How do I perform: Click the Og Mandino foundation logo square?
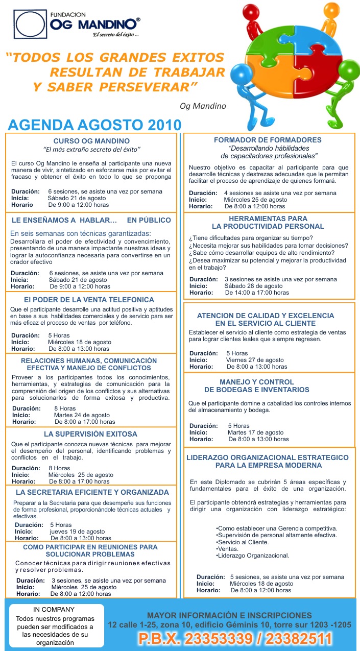30,24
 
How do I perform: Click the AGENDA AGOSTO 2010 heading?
94,125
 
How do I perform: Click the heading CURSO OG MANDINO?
91,140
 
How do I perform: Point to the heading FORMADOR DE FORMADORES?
268,140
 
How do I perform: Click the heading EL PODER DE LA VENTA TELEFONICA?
89,300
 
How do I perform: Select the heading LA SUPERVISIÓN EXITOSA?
90,434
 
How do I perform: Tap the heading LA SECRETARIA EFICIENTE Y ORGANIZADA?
92,492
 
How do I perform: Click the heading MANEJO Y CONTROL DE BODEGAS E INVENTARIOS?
256,385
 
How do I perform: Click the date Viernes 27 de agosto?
255,359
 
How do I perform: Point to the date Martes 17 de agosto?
255,432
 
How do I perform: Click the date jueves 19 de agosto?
77,531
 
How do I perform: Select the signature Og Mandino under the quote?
203,106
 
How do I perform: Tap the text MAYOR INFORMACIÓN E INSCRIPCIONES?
229,615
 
